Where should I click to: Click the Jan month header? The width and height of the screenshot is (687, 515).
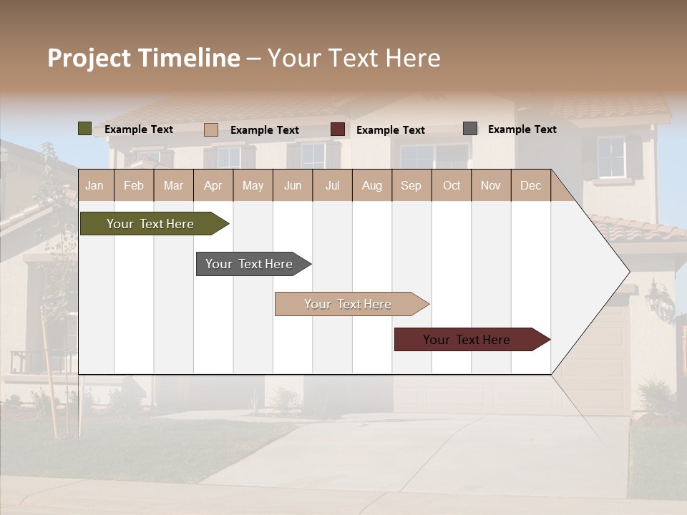(x=95, y=185)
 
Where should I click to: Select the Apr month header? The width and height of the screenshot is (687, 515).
(x=213, y=185)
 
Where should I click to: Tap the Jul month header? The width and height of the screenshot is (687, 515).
(x=332, y=185)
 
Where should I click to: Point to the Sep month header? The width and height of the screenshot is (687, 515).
(x=411, y=185)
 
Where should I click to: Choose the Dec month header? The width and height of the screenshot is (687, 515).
(x=530, y=185)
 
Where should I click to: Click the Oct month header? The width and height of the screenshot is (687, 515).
(x=452, y=185)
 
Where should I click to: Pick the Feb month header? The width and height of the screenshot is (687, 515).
(x=134, y=185)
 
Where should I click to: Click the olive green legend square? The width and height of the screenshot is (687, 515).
(x=84, y=129)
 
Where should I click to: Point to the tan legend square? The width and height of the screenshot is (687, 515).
(x=211, y=129)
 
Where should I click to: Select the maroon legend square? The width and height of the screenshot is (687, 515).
(x=338, y=129)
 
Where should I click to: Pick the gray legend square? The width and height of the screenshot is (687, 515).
(x=470, y=129)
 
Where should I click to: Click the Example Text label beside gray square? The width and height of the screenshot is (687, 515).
(x=522, y=129)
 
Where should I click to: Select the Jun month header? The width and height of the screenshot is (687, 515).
(x=293, y=185)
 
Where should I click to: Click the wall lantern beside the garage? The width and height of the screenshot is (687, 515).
(x=658, y=300)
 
